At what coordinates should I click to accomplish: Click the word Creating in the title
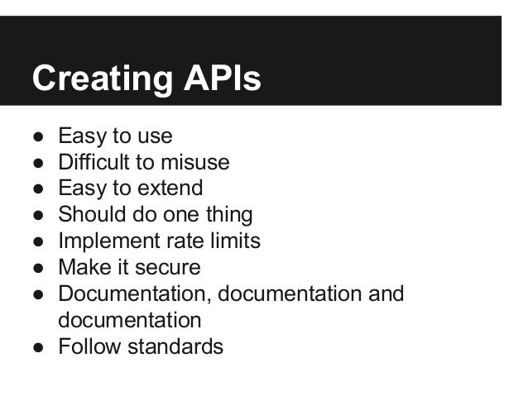pos(98,79)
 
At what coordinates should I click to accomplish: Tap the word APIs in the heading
pos(218,79)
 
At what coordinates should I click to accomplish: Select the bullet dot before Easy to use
pos(38,136)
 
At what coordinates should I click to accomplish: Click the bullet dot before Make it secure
pos(38,268)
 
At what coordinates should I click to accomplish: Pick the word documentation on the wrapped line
pos(129,320)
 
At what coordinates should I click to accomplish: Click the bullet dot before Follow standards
pos(38,346)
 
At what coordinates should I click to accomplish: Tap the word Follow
pos(87,346)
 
